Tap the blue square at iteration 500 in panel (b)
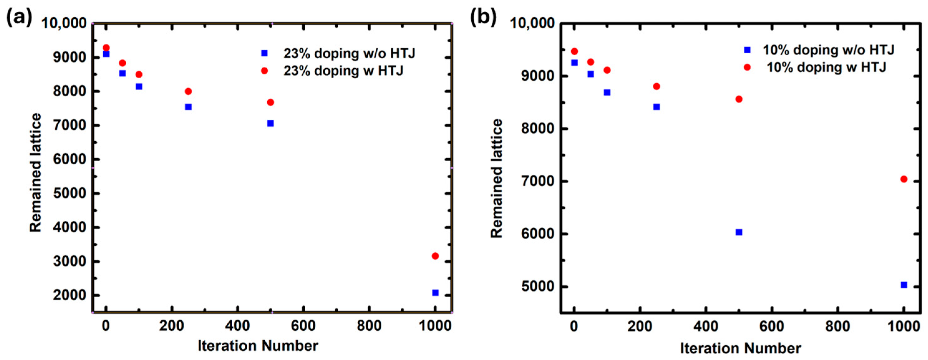pos(738,232)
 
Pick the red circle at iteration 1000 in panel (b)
pos(903,179)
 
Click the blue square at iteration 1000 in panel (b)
pos(903,285)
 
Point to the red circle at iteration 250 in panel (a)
pos(188,91)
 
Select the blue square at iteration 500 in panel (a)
pos(270,123)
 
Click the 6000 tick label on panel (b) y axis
pos(537,234)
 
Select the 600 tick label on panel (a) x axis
pos(303,326)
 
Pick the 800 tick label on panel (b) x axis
pos(838,327)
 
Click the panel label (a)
pos(19,17)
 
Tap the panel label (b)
pos(483,17)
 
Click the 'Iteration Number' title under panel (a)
pos(258,346)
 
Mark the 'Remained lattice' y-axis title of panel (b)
pos(497,178)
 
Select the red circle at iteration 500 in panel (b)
pos(738,99)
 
